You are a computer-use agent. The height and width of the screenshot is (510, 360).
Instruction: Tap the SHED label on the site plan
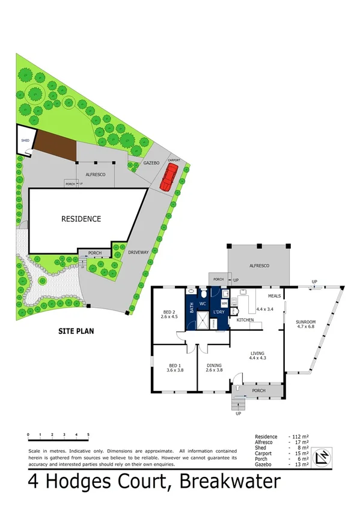coord(25,140)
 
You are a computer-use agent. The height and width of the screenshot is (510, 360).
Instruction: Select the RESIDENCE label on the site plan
coord(81,219)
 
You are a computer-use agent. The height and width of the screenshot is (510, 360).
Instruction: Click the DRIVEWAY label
coord(138,252)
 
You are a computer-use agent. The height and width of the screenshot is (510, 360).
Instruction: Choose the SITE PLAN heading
coord(76,331)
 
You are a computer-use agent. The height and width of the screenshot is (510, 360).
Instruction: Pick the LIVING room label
coord(258,354)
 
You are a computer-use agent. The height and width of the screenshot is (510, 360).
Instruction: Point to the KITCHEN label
coord(245,320)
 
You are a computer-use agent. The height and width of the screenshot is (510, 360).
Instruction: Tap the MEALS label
coord(275,296)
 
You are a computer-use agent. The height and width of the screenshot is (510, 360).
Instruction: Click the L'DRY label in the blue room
coord(218,311)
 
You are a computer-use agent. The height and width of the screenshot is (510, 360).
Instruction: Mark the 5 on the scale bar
coord(88,434)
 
